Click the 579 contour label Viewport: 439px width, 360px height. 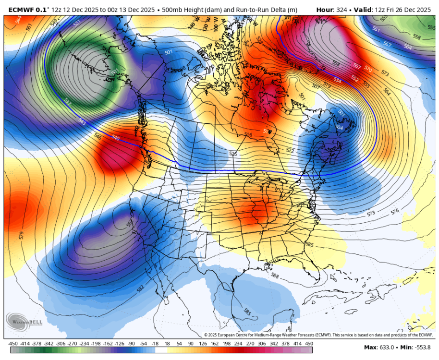pos(21,235)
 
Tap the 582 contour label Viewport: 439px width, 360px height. pos(140,288)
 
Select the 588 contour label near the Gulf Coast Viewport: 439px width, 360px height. pos(275,276)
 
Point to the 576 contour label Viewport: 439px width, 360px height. pos(395,211)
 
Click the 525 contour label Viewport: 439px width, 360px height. pos(233,154)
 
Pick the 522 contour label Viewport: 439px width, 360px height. pos(290,151)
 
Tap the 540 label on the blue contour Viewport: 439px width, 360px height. pos(115,138)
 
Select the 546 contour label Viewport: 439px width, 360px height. pos(98,137)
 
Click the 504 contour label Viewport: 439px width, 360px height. pos(339,127)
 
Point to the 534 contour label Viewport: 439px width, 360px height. pos(338,81)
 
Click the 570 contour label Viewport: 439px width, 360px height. pos(368,69)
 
